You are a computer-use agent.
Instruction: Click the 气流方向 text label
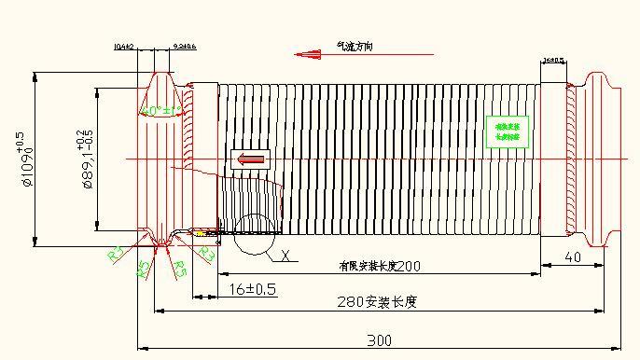[355, 46]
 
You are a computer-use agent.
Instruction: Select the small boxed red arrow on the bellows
[251, 159]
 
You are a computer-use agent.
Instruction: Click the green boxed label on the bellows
[508, 130]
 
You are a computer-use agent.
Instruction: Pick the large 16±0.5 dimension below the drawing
[252, 289]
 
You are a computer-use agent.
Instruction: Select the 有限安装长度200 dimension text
[380, 266]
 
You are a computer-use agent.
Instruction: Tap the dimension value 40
[573, 256]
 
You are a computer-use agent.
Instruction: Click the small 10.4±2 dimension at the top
[124, 46]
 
